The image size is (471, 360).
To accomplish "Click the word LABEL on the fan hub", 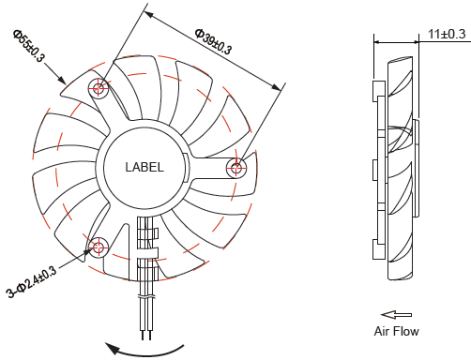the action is click(144, 167).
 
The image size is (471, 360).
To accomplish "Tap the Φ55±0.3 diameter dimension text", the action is click(29, 46).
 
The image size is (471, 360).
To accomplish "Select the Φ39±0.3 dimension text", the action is click(213, 41).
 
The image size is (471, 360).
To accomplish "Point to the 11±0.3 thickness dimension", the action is click(447, 34).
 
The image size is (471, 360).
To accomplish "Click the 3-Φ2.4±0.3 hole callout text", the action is click(32, 282).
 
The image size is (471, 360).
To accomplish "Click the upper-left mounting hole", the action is click(99, 88).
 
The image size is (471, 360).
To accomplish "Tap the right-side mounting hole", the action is click(236, 168).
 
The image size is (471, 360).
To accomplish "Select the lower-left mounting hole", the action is click(99, 247).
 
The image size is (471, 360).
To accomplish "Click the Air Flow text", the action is click(396, 331).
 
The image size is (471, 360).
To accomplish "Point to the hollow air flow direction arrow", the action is click(396, 315).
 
